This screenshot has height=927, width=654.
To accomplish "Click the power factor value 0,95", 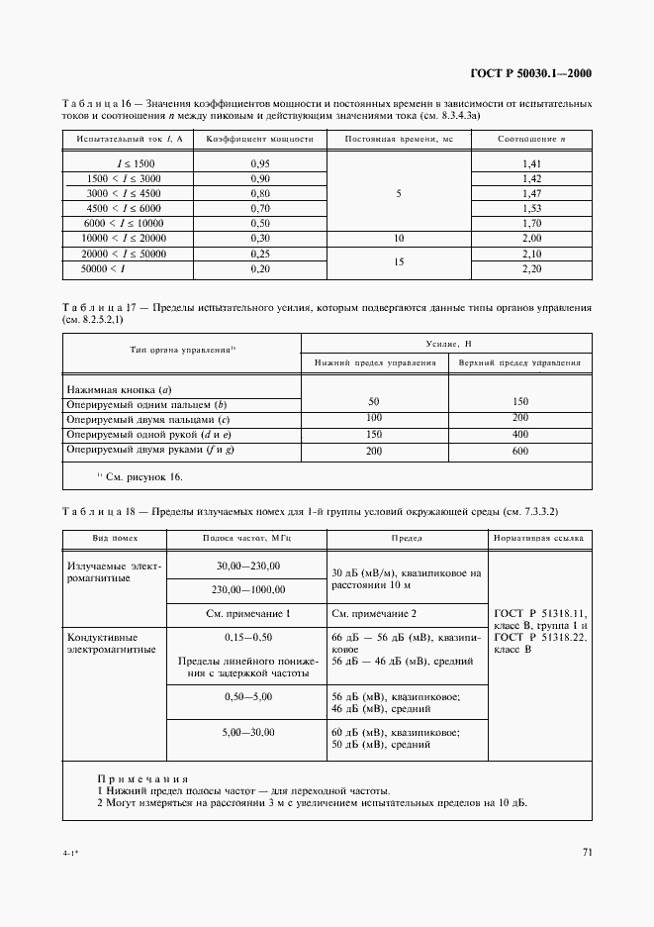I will pyautogui.click(x=260, y=162).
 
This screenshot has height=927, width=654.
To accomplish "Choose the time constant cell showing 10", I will pyautogui.click(x=399, y=239).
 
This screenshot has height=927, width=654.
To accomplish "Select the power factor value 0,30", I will pyautogui.click(x=260, y=239).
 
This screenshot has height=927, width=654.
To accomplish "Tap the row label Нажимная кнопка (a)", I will pyautogui.click(x=112, y=390).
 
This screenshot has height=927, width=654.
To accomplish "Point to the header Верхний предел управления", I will pyautogui.click(x=519, y=363).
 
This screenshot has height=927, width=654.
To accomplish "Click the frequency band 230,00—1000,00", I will pyautogui.click(x=248, y=589).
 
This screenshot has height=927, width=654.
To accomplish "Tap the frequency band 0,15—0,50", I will pyautogui.click(x=248, y=638).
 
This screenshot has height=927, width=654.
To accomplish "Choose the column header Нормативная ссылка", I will pyautogui.click(x=540, y=538).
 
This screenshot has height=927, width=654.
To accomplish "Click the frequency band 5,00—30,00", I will pyautogui.click(x=248, y=732).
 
